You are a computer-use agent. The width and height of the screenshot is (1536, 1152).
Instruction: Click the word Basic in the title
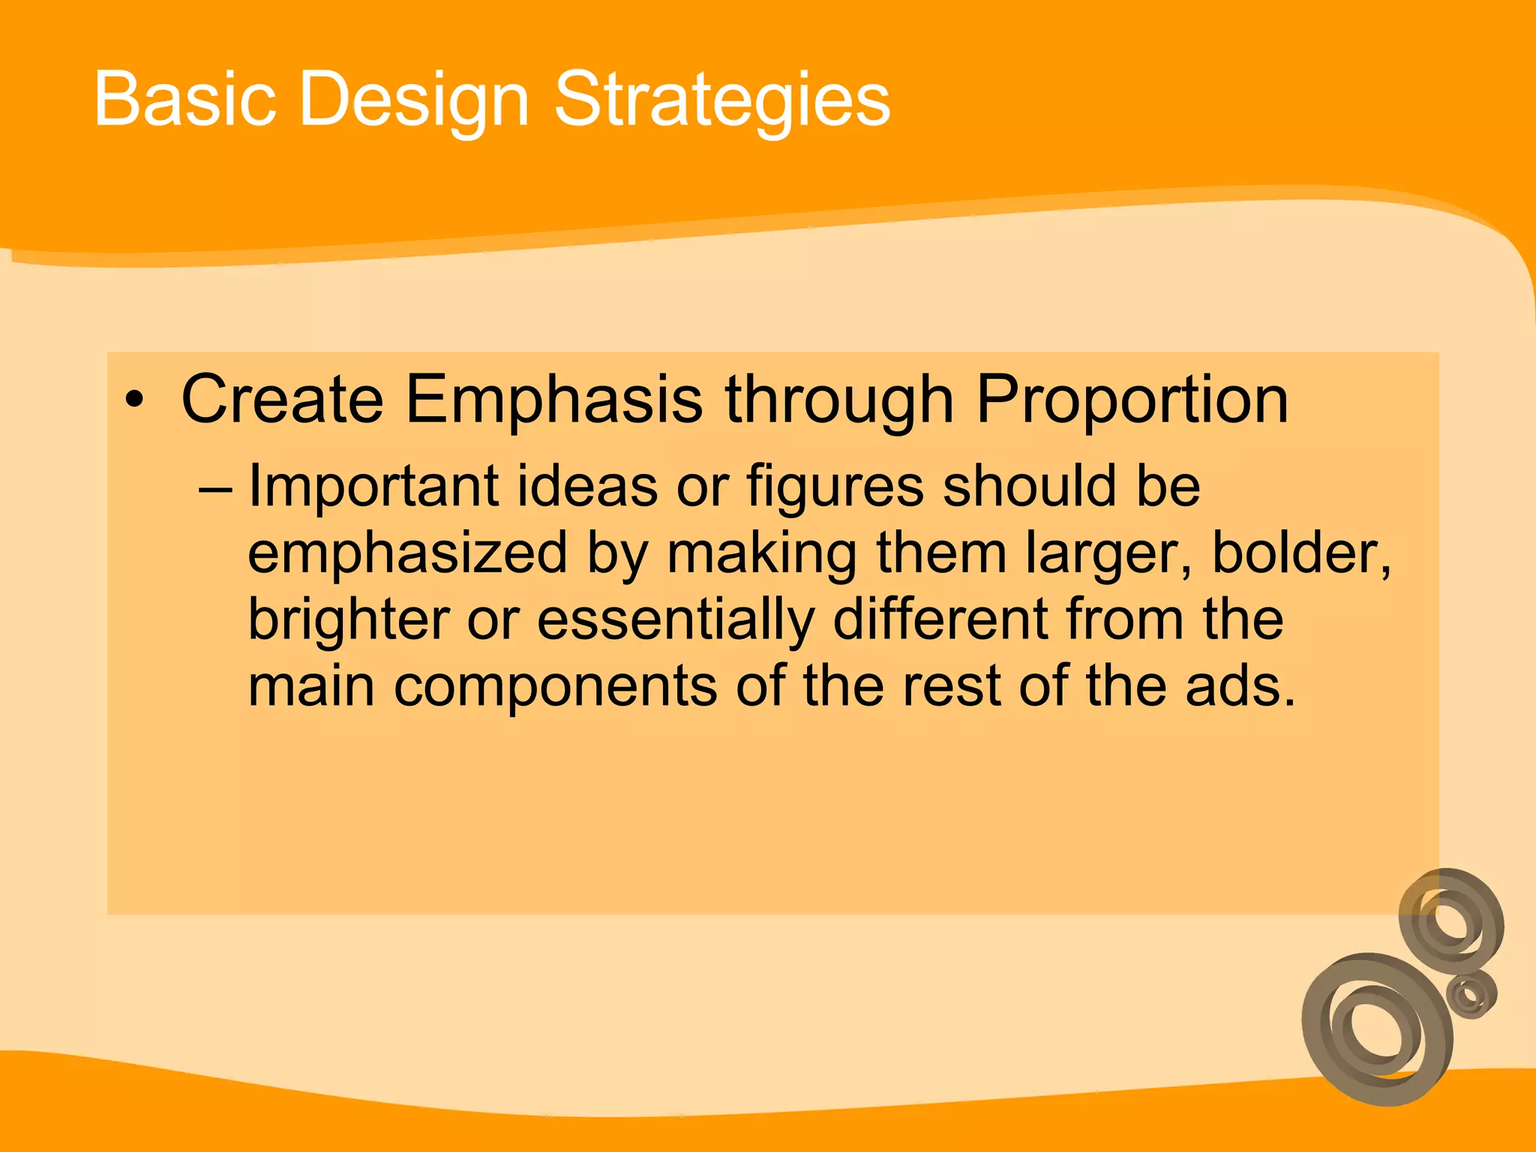[184, 100]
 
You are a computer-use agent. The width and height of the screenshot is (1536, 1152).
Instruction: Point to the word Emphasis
[554, 400]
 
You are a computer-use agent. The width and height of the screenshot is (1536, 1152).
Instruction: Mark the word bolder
[1301, 553]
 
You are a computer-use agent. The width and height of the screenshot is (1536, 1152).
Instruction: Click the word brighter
[348, 621]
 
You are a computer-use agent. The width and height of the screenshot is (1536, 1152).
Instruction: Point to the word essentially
[675, 621]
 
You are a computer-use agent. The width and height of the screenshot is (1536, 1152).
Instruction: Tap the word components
[555, 687]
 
